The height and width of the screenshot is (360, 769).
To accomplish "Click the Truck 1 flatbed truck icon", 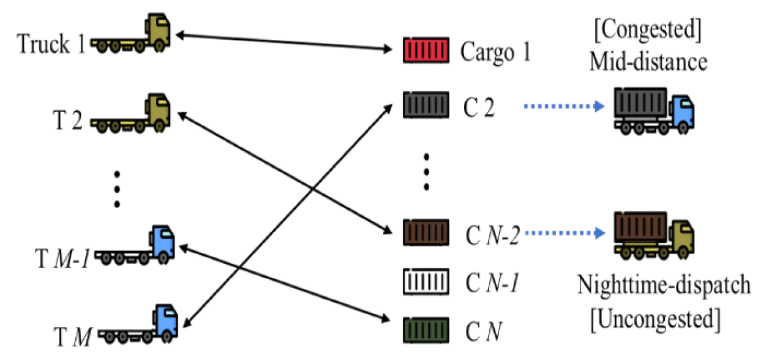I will [132, 36].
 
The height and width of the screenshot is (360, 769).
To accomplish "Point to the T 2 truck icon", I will [132, 113].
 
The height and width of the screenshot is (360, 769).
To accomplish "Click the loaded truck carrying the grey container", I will [653, 108].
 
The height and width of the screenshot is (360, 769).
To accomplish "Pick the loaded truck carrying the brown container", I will [653, 233].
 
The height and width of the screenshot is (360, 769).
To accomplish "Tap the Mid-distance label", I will [648, 61].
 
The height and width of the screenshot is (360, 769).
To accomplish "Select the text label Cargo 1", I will [495, 53].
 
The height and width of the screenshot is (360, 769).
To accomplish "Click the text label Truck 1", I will [51, 45].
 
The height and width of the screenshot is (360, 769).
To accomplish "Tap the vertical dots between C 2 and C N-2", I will [426, 171].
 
